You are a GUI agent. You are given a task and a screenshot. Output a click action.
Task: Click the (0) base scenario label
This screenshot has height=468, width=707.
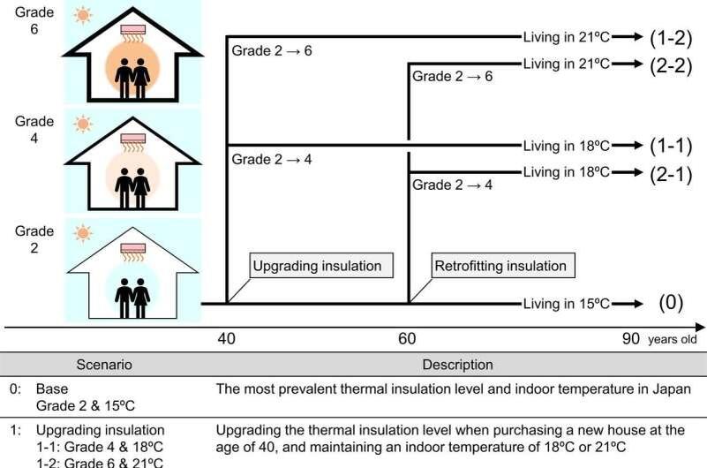tap(671, 303)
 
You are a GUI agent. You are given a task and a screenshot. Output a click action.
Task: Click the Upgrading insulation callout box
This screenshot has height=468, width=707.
tap(318, 266)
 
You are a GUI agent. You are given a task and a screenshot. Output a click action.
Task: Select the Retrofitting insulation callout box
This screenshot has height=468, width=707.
tap(500, 266)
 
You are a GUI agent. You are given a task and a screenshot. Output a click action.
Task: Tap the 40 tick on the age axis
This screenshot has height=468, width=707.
tap(227, 339)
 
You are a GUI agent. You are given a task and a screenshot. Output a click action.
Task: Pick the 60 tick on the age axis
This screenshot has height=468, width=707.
tap(407, 339)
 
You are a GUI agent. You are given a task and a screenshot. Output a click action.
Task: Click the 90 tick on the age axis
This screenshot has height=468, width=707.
tap(630, 339)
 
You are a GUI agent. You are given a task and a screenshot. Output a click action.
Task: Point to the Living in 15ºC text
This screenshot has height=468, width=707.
tap(566, 304)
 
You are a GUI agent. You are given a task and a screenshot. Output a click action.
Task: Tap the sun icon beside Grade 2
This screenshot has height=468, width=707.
tap(83, 233)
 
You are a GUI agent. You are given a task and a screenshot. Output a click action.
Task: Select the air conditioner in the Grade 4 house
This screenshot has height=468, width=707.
tap(134, 140)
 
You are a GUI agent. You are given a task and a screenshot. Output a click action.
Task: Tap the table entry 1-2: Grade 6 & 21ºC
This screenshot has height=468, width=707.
tap(100, 461)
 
